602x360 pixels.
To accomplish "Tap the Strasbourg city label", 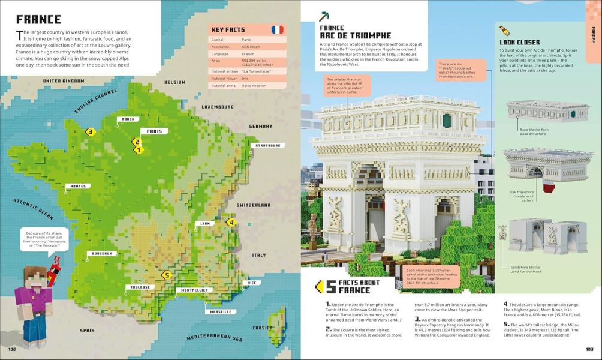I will [x=266, y=145].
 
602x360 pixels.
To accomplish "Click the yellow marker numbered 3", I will [x=91, y=132].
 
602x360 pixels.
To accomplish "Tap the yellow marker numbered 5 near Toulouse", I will [x=167, y=275].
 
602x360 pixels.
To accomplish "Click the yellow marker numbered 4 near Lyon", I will [x=231, y=223].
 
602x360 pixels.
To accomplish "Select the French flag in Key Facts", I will [x=277, y=29].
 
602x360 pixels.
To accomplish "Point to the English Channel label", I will [x=96, y=102].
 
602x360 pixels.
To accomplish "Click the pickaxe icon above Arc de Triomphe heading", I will [x=324, y=15].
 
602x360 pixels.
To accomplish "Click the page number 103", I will [x=589, y=350].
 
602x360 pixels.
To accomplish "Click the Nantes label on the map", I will [x=78, y=186].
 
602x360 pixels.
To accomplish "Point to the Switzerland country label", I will [x=254, y=205].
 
